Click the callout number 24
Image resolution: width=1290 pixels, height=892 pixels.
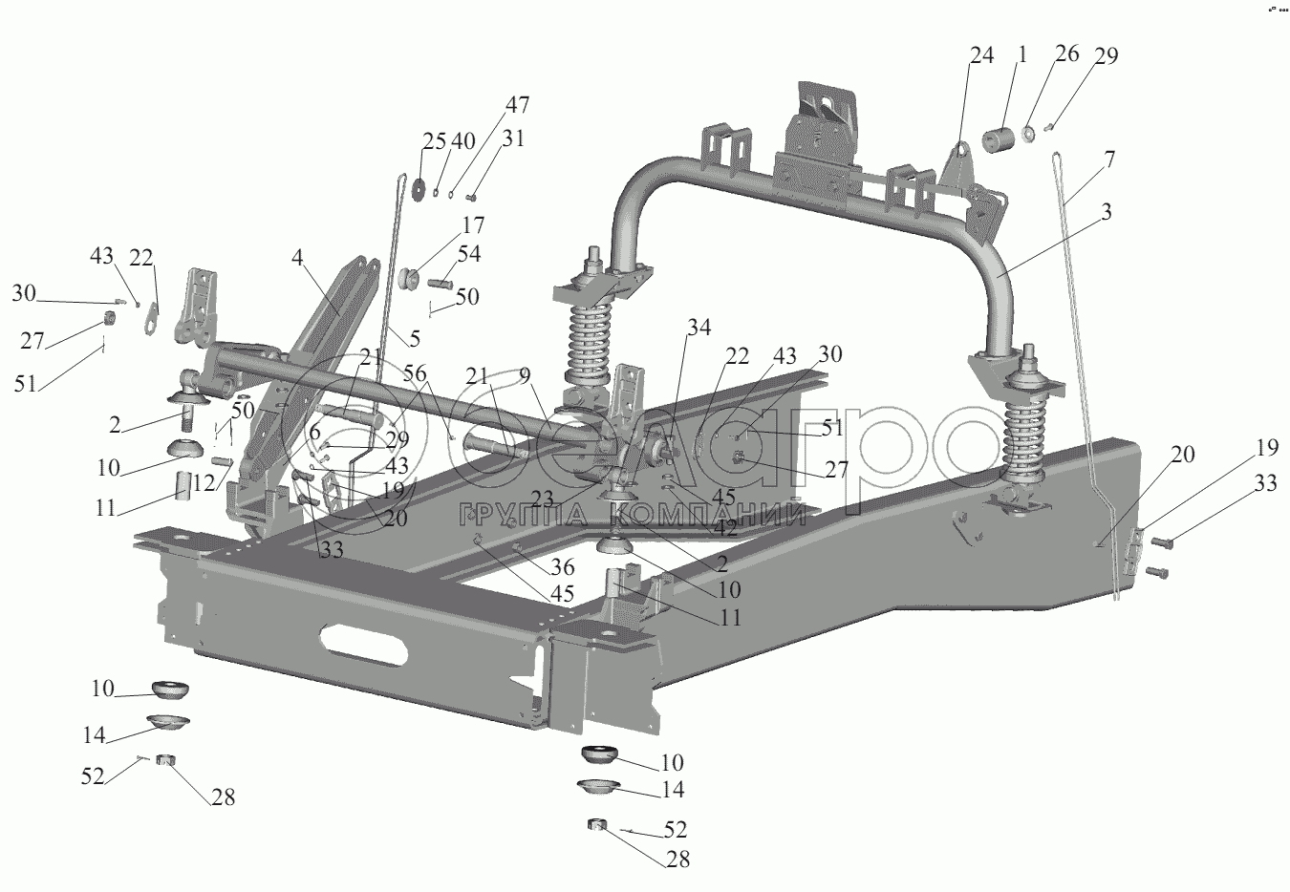point(981,55)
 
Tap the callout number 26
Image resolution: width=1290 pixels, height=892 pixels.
point(1066,54)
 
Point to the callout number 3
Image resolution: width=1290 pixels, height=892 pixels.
point(1106,214)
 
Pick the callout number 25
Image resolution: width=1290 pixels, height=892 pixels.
point(434,141)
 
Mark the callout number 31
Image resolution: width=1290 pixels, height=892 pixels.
point(514,138)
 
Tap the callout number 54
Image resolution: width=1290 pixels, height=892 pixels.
point(468,254)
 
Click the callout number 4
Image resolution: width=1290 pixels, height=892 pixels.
point(298,258)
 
